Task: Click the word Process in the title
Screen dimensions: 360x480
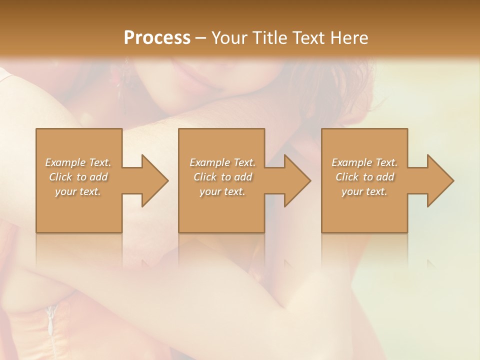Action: coord(157,37)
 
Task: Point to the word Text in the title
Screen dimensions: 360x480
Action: coord(309,37)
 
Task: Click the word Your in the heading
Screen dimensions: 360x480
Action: coord(231,37)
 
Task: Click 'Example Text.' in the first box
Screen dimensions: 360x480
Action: coord(78,162)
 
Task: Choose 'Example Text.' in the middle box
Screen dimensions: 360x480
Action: coord(222,162)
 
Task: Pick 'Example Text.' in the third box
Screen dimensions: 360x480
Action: coord(364,162)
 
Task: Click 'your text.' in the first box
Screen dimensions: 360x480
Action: coord(78,191)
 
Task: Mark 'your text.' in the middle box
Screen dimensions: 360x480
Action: coord(222,191)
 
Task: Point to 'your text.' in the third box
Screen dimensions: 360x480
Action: coord(364,191)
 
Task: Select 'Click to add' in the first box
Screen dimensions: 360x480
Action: coord(78,177)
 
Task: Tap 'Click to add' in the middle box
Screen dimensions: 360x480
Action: coord(222,177)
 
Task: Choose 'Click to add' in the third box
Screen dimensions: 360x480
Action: coord(364,177)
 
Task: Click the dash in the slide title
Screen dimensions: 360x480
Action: coord(201,38)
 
